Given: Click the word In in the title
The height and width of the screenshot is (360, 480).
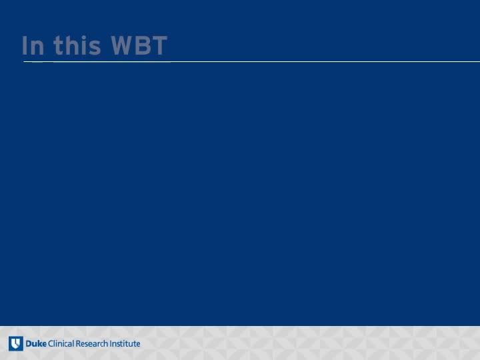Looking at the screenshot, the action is click(x=33, y=45).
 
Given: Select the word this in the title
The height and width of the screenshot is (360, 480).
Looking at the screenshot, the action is click(x=77, y=45).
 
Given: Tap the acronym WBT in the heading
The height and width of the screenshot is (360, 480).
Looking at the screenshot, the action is click(x=139, y=45).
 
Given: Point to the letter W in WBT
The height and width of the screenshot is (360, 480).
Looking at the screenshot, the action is click(x=121, y=45).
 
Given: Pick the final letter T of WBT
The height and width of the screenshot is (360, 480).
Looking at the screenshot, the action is click(x=159, y=45).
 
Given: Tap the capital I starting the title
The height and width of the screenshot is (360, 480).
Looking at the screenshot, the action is click(x=24, y=45).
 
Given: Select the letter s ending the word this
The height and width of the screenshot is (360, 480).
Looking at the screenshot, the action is click(x=94, y=48).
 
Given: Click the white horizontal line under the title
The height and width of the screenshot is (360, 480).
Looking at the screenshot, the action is click(x=251, y=62).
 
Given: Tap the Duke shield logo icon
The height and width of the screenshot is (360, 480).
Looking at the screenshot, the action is click(x=16, y=343).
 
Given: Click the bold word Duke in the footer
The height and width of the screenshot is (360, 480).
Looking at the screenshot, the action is click(x=36, y=343).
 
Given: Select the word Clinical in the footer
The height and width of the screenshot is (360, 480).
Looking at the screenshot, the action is click(x=61, y=343).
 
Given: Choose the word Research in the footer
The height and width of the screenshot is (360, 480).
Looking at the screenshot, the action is click(x=91, y=343).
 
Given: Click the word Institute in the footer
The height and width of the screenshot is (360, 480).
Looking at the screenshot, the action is click(x=125, y=343).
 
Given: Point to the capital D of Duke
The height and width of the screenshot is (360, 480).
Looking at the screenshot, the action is click(x=29, y=344).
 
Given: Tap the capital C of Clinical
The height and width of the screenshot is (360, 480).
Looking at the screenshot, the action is click(x=51, y=344).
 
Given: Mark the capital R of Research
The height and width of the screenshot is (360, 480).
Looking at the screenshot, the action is click(x=78, y=344).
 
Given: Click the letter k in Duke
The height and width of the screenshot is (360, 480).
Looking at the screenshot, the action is click(x=40, y=343).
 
